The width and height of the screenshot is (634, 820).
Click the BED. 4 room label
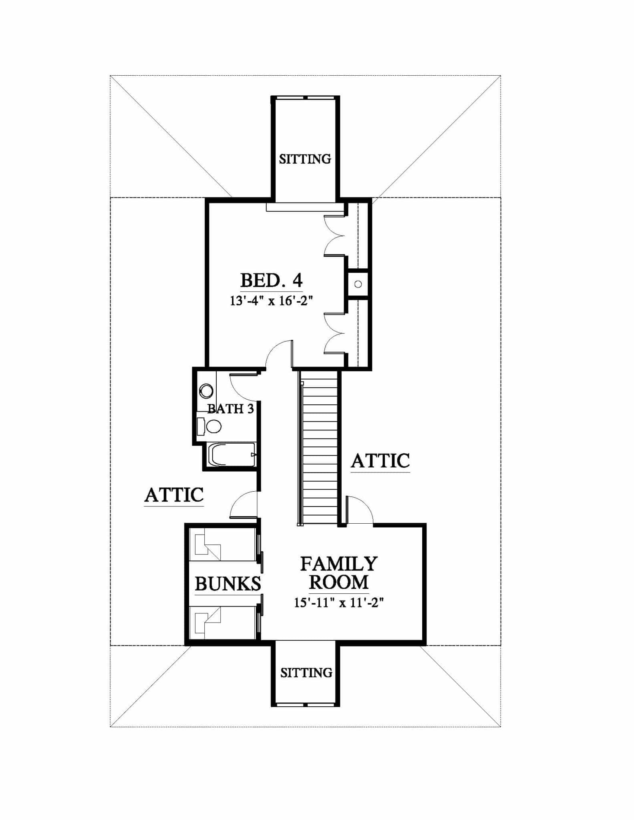(x=271, y=281)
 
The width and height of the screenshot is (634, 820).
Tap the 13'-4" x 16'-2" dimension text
(x=271, y=301)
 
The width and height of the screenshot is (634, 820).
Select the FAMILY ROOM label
(x=338, y=573)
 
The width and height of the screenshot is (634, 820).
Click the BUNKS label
(x=227, y=584)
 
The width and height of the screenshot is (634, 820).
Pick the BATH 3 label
(x=230, y=409)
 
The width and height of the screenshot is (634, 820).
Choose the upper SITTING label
(x=305, y=159)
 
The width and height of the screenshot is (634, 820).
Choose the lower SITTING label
(x=306, y=673)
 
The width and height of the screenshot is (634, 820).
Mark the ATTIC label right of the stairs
(x=380, y=461)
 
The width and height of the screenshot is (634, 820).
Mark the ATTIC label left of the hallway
(x=174, y=495)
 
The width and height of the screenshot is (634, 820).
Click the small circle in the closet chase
(x=358, y=284)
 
